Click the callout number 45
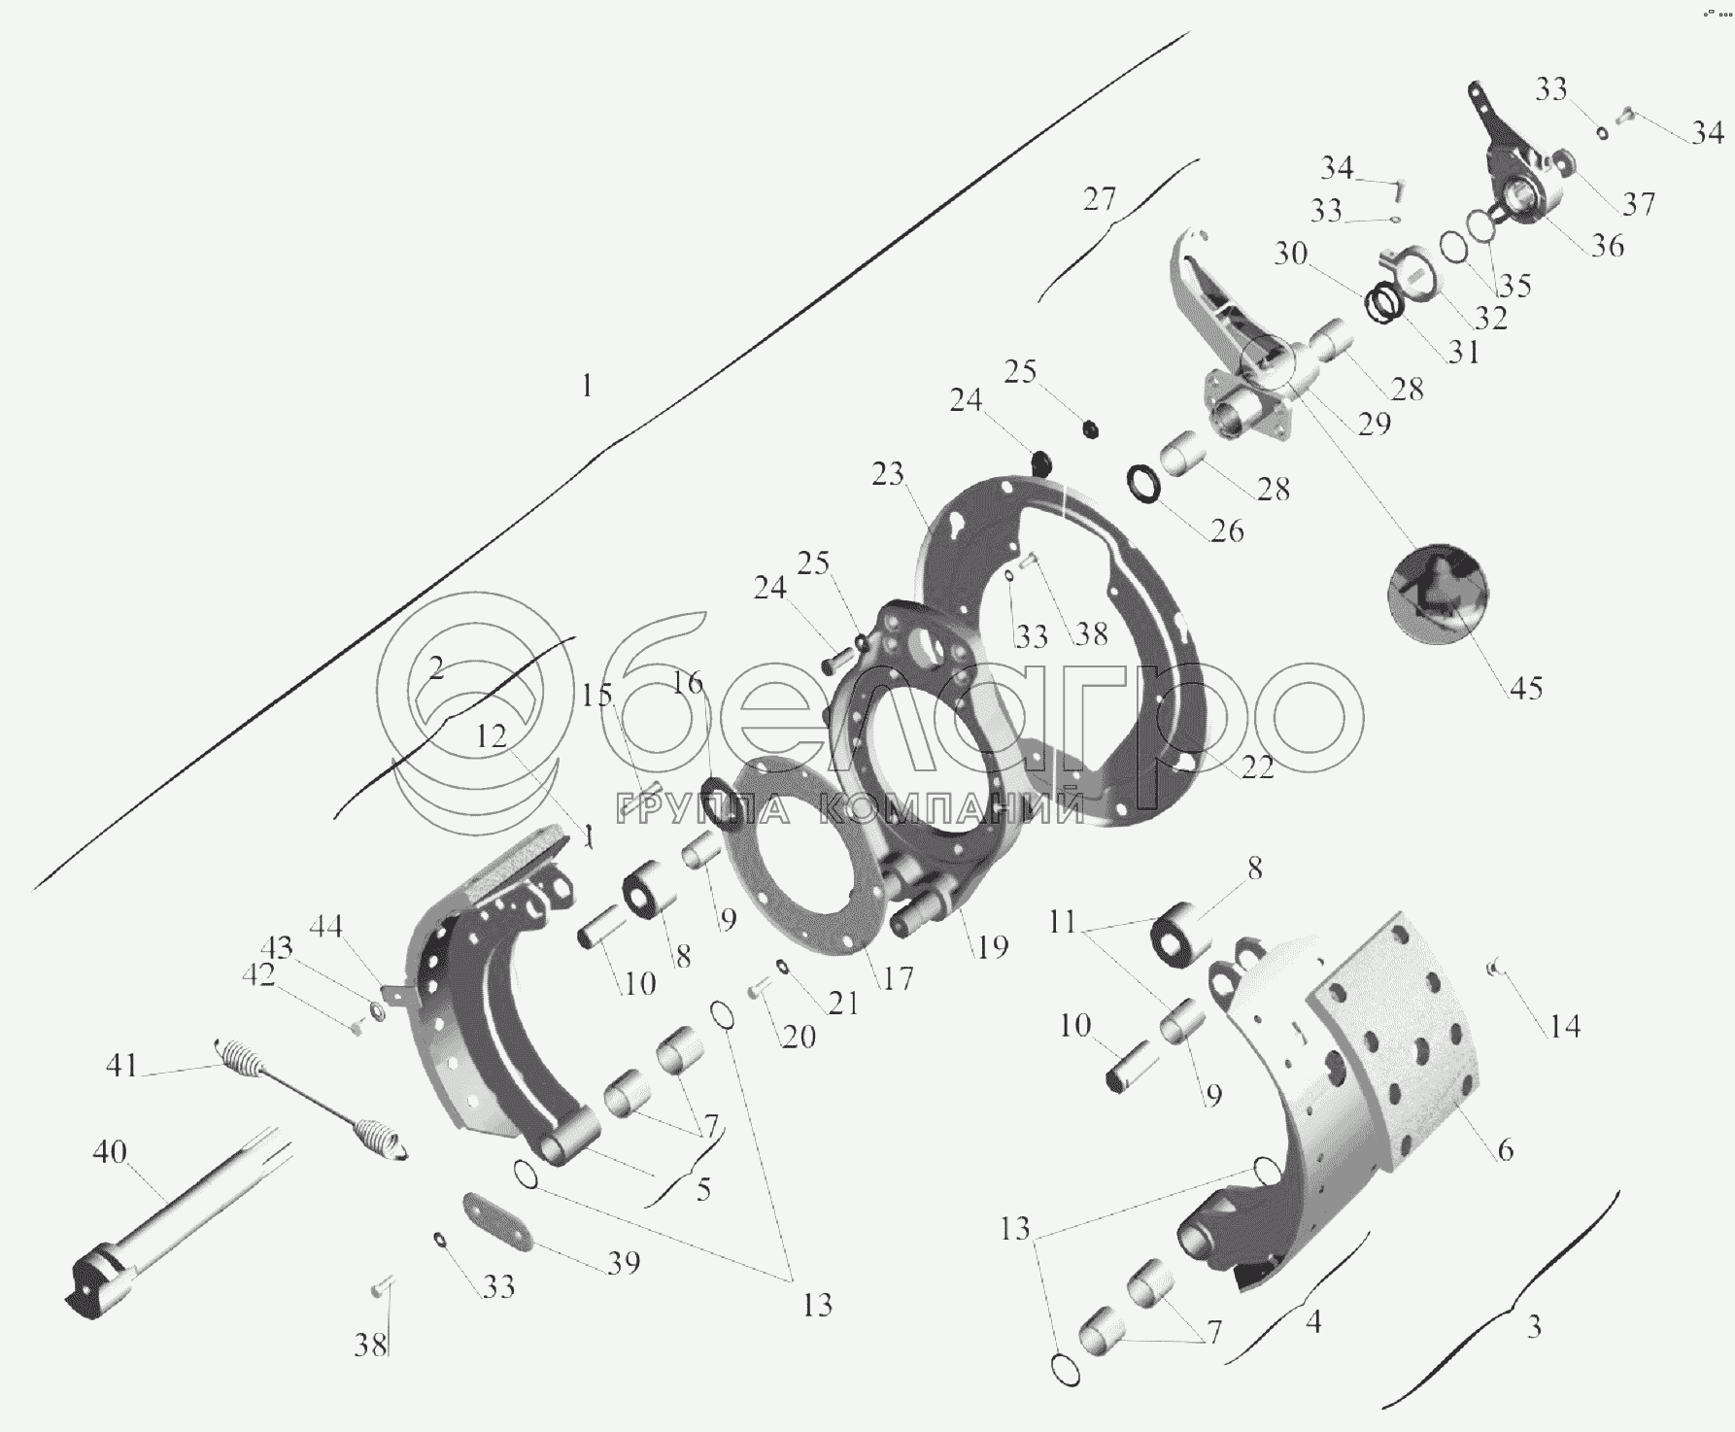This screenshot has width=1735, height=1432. tap(1525, 688)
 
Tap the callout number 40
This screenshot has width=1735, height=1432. tap(109, 1152)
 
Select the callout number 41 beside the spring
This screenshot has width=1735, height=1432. tap(121, 1065)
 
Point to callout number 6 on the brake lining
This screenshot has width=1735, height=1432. tap(1505, 1149)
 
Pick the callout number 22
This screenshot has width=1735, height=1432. tap(1257, 767)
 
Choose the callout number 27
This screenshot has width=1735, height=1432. tap(1100, 199)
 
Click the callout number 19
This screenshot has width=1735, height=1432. tap(992, 946)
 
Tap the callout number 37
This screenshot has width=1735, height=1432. tap(1639, 204)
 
